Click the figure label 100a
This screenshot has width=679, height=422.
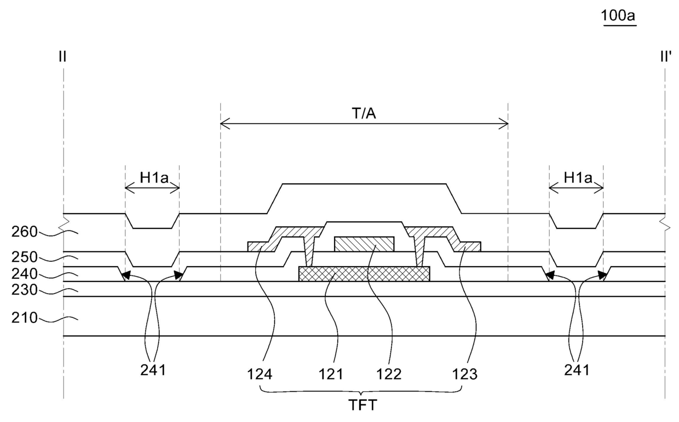tap(618, 16)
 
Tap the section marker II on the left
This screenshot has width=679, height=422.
tap(62, 56)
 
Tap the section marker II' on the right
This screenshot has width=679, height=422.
tap(666, 56)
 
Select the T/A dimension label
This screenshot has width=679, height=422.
tap(364, 114)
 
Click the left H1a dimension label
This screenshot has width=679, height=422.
tap(154, 178)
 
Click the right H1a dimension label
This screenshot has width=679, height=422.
tap(578, 178)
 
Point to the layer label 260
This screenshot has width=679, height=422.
tap(24, 232)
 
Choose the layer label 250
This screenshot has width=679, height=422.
tap(24, 257)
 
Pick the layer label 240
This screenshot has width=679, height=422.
tap(24, 274)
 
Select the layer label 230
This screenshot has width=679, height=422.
tap(24, 290)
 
